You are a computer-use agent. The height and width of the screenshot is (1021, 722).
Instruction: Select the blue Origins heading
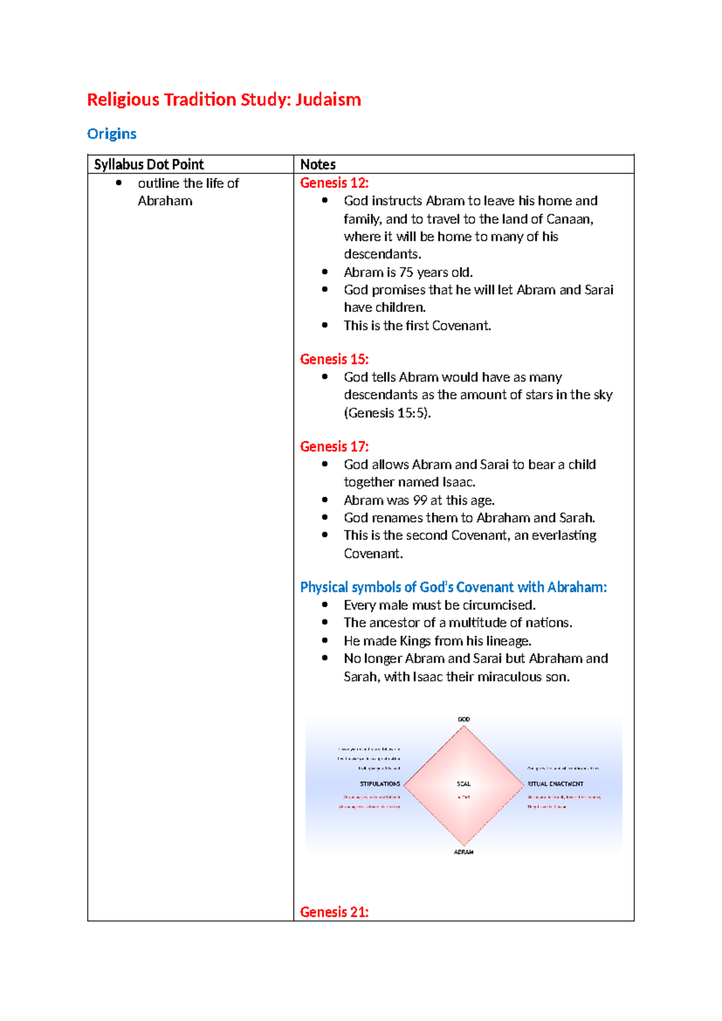coord(112,134)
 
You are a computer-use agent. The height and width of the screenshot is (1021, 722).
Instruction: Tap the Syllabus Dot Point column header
coord(149,164)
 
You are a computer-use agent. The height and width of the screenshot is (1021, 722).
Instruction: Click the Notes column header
coord(318,164)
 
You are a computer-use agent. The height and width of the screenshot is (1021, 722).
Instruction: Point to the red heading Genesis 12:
coord(334,183)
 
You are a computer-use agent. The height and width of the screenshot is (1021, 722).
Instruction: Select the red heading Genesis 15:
coord(334,359)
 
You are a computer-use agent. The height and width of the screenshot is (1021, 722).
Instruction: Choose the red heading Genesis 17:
coord(334,447)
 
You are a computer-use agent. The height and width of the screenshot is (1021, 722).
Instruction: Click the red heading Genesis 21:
coord(334,912)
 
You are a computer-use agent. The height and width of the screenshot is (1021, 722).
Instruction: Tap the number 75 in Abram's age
coord(406,272)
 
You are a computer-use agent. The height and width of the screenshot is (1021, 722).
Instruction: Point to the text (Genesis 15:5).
coord(387,413)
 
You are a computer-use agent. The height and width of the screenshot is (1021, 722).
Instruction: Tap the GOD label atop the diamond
coord(464,719)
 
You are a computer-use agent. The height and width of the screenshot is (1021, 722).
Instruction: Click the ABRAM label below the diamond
coord(464,852)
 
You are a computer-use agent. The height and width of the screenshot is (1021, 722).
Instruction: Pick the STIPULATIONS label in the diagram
coord(380,784)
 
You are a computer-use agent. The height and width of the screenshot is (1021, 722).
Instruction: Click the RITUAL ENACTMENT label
coord(555,784)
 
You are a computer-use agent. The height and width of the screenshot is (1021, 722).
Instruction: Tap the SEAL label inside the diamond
coord(464,784)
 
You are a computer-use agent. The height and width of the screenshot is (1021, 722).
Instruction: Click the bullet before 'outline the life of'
coord(119,183)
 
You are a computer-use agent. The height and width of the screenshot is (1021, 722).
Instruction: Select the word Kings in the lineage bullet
coord(416,641)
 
